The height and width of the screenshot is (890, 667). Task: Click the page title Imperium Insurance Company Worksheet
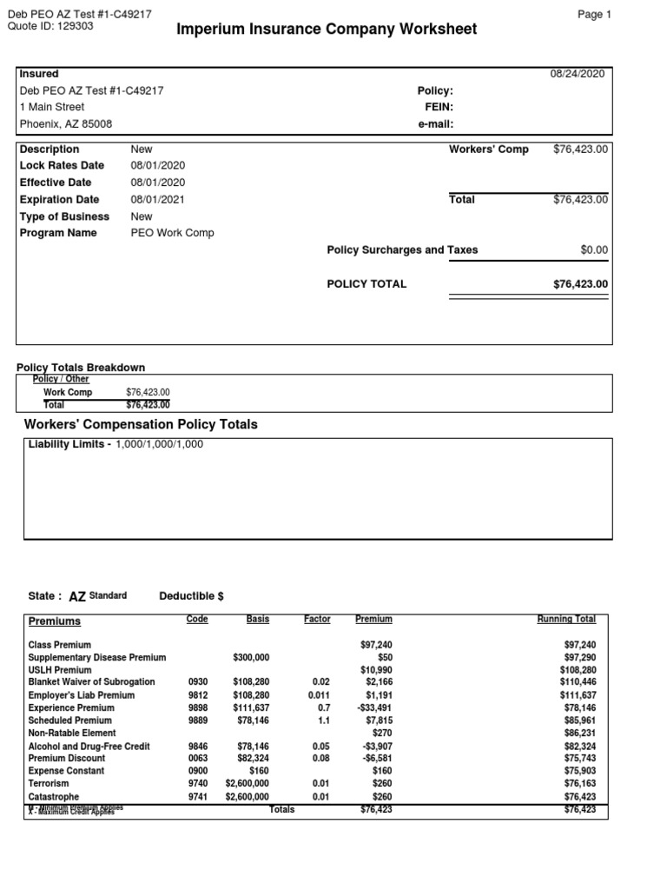click(x=327, y=30)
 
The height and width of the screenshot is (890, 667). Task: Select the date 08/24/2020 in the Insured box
click(x=578, y=75)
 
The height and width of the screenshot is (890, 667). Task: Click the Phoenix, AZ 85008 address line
click(x=66, y=123)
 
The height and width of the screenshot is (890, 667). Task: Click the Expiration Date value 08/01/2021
click(x=157, y=199)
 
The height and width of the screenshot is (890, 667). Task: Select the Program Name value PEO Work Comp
click(x=172, y=233)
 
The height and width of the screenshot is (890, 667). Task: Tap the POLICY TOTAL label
click(x=367, y=283)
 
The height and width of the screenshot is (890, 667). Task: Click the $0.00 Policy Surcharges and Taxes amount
click(x=594, y=249)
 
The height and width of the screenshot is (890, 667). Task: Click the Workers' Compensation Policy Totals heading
click(x=141, y=424)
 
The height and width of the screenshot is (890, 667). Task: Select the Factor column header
click(x=317, y=619)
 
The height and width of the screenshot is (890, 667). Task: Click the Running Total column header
click(x=566, y=619)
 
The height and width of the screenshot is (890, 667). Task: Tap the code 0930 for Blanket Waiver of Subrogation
click(x=198, y=682)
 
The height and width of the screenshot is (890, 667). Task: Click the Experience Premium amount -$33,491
click(x=373, y=708)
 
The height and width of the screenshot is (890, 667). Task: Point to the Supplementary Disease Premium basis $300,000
click(x=251, y=658)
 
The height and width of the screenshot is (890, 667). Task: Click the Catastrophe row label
click(x=54, y=796)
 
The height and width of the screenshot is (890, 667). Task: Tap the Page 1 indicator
click(x=594, y=15)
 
